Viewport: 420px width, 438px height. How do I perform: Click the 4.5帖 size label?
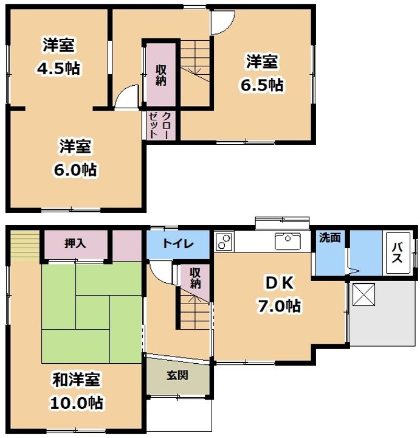58,68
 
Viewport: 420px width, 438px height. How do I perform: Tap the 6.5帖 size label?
261,85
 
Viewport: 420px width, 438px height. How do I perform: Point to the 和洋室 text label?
75,380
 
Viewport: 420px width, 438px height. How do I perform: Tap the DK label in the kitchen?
278,282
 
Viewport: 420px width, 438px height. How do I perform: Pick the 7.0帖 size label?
278,306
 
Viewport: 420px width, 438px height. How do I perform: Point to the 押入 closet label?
75,243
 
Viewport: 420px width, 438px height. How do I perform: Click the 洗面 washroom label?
330,238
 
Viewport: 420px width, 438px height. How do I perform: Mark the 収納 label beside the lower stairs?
195,277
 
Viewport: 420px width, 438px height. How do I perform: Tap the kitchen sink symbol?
287,242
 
